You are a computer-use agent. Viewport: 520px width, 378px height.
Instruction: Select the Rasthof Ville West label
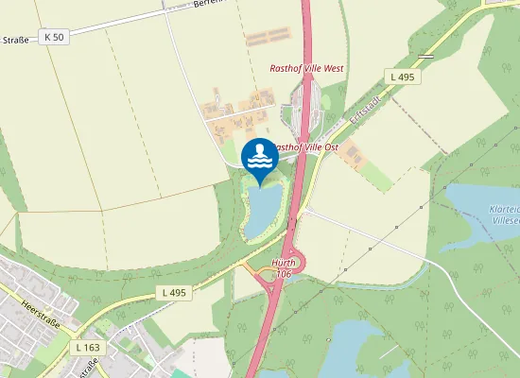click(x=306, y=68)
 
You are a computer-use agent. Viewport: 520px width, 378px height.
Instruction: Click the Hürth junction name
click(x=284, y=262)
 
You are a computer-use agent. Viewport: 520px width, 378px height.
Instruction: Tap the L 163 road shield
click(x=86, y=348)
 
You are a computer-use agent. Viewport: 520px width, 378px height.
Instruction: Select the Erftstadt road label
click(x=344, y=110)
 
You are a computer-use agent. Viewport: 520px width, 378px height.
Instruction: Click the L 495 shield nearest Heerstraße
click(x=176, y=293)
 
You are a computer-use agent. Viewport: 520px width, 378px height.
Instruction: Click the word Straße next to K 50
click(x=15, y=40)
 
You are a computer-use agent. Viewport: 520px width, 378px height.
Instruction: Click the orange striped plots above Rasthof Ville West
click(x=268, y=38)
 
